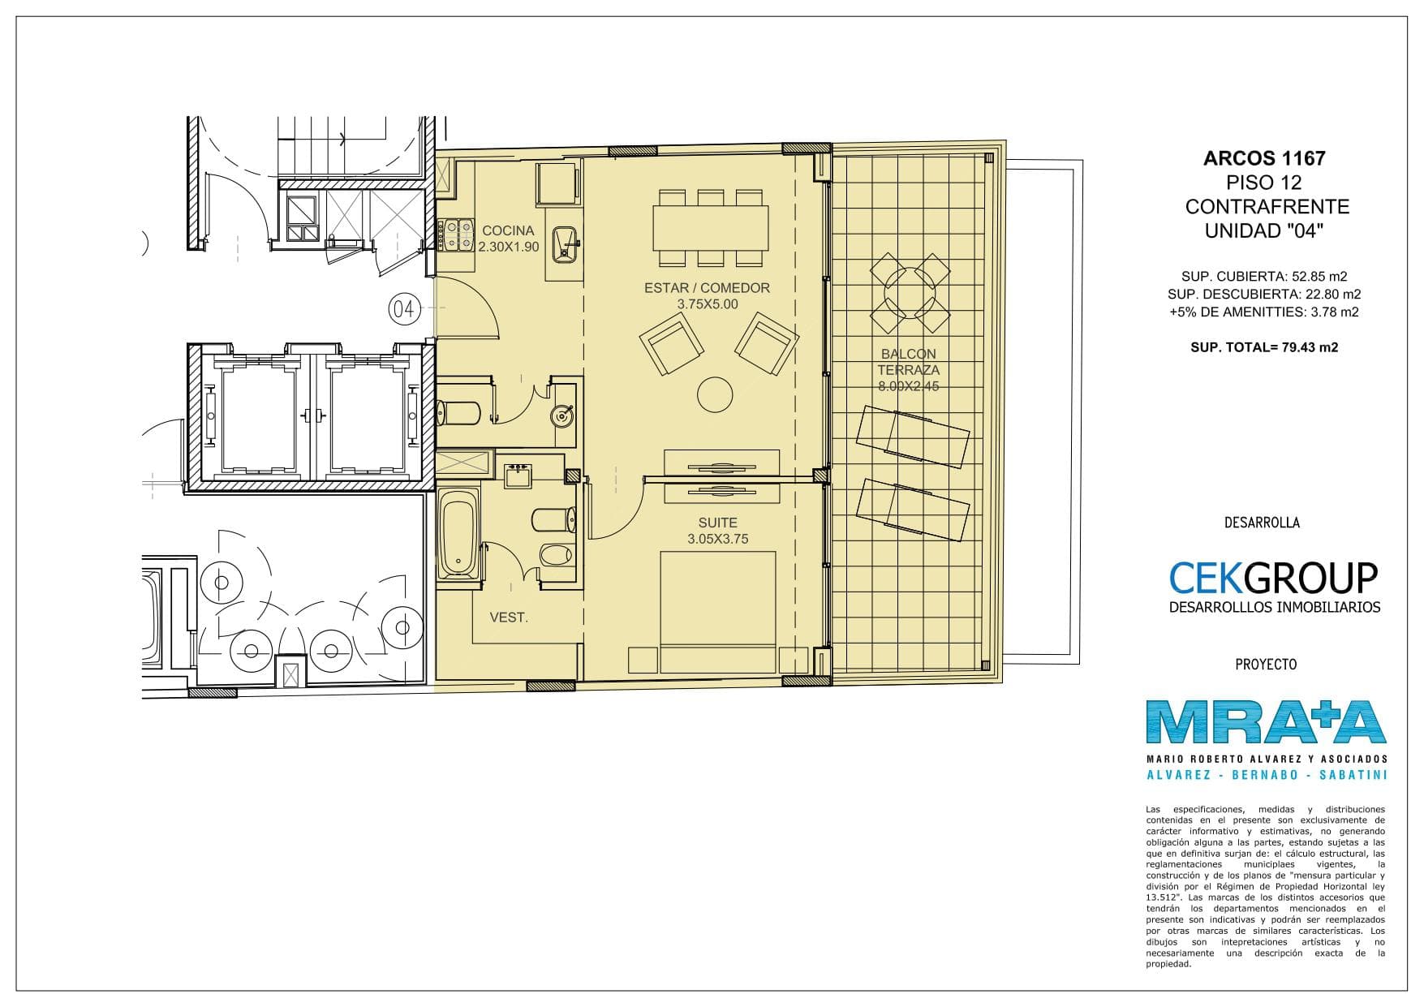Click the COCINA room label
pos(508,230)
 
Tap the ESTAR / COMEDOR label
pos(707,288)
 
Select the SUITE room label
pos(717,523)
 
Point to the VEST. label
pos(509,618)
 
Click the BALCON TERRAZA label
pos(908,362)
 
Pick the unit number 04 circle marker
pos(405,308)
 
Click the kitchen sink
pos(566,244)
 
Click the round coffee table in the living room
pos(716,395)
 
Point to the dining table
pos(710,228)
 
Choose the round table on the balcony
pos(910,293)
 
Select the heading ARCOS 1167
pos(1264,158)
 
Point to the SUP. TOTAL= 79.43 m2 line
pos(1264,347)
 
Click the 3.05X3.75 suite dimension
pos(717,539)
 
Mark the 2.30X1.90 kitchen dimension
pos(509,247)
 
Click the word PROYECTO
pos(1266,665)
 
